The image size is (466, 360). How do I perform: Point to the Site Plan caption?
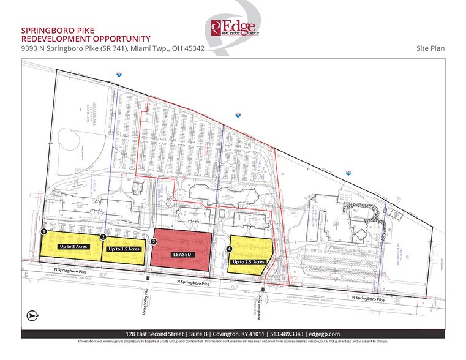[x=430, y=48]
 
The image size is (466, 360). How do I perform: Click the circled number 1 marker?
[x=44, y=231]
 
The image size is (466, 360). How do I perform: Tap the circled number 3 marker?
[x=154, y=242]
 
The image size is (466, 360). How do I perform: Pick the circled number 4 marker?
[x=229, y=249]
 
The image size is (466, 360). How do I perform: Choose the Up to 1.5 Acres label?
[x=124, y=249]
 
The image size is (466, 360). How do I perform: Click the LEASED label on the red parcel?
[x=182, y=254]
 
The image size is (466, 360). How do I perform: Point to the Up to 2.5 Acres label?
[x=249, y=262]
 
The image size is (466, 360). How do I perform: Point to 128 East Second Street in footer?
[x=154, y=334]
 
